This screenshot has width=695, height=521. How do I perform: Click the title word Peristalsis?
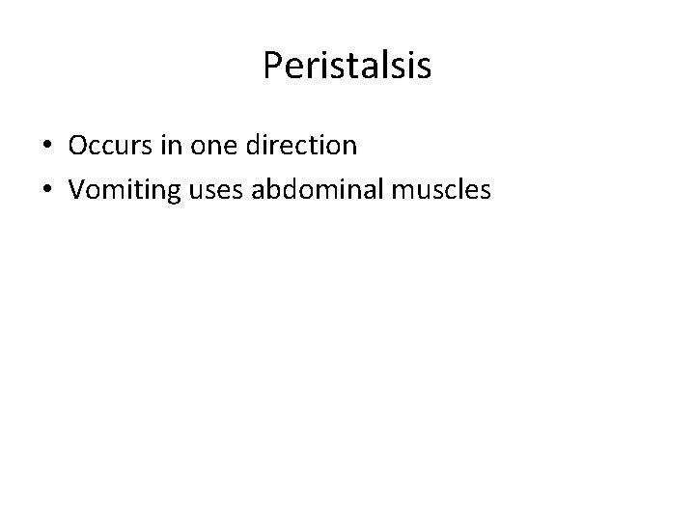(x=347, y=67)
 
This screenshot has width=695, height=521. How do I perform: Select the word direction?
(x=302, y=146)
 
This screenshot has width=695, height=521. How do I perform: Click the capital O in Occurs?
(x=77, y=146)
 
